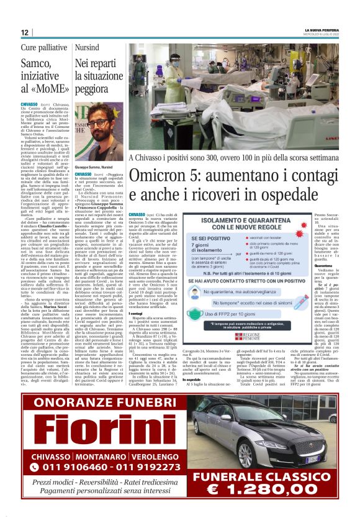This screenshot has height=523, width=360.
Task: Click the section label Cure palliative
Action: (44, 47)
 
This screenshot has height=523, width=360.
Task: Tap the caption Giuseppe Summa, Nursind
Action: (94, 168)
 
